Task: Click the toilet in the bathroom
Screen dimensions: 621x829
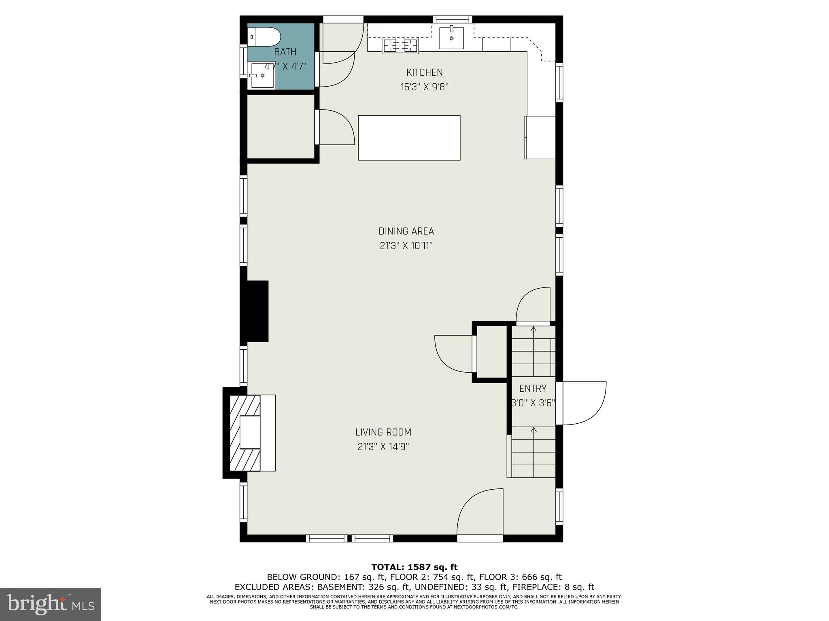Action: tap(264, 37)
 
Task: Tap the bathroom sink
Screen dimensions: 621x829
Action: tap(262, 75)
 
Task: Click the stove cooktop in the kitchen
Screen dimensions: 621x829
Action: tap(400, 46)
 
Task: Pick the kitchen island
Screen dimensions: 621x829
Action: tap(409, 137)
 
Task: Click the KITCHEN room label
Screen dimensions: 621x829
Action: tap(424, 73)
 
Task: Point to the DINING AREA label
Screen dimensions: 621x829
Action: tap(406, 231)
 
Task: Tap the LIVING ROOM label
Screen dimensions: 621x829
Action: tap(383, 432)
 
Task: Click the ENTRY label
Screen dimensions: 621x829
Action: tap(533, 389)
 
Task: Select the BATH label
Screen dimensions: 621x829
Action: tap(285, 52)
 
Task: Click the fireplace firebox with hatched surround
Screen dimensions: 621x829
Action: tap(245, 433)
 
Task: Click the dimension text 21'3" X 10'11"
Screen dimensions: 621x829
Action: tap(406, 246)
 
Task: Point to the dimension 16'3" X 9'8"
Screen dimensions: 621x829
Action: tap(424, 87)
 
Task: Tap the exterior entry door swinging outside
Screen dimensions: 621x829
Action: tap(583, 403)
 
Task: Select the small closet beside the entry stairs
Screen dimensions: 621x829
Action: tap(491, 351)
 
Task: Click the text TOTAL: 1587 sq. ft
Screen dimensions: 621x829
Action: tap(414, 567)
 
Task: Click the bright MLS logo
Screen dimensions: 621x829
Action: tap(50, 604)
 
